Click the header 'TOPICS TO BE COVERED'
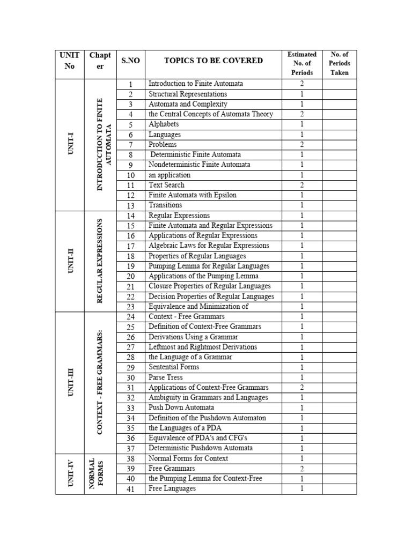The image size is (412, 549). (213, 61)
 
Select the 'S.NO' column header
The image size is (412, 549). (130, 61)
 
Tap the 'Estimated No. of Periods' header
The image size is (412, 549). (302, 63)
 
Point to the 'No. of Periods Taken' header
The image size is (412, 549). (339, 63)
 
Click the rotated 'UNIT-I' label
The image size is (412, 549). (70, 144)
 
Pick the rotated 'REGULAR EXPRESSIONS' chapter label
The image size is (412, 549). (100, 261)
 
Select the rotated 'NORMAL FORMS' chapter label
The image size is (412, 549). (100, 473)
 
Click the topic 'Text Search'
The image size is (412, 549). (166, 185)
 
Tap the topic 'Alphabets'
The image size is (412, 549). (164, 124)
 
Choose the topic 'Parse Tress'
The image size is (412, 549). (166, 377)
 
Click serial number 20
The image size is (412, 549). (130, 277)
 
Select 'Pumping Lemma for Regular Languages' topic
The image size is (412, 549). (209, 266)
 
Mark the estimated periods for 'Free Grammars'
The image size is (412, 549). (302, 469)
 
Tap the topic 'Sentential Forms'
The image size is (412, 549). (173, 367)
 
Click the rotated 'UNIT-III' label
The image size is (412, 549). (70, 382)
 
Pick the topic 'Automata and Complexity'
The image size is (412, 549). (188, 104)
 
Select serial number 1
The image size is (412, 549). (130, 84)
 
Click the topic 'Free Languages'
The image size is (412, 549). (172, 488)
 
